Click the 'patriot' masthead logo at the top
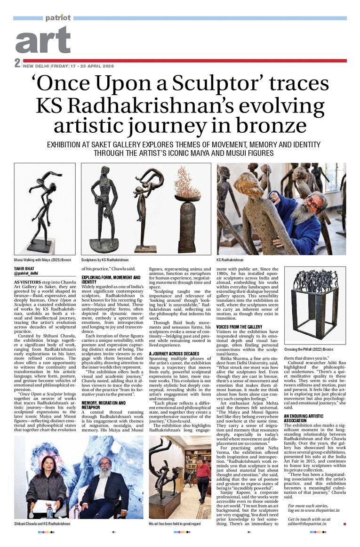pos(58,17)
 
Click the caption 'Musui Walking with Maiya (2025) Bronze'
pos(43,260)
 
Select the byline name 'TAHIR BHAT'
pos(25,268)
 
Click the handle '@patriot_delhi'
pos(27,273)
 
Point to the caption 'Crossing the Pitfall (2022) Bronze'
pos(308,350)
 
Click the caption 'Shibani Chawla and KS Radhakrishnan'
pos(43,524)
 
